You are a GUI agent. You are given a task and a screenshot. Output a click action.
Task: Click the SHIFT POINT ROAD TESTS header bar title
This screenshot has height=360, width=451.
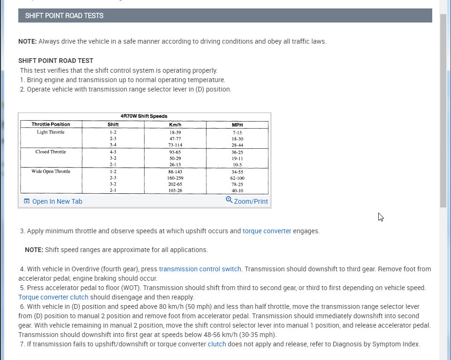(64, 15)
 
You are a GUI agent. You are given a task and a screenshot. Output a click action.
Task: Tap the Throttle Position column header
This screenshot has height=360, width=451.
(51, 124)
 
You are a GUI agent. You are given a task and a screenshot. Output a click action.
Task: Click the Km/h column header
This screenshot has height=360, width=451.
(175, 124)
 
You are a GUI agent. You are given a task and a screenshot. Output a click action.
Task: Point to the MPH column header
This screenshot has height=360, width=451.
(237, 124)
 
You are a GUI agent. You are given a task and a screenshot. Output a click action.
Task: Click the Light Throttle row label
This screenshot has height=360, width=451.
(51, 132)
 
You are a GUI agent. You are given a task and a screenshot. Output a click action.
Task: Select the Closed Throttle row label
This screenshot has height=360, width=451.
(51, 152)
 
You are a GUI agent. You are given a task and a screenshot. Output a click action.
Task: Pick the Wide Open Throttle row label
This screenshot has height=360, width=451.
(51, 172)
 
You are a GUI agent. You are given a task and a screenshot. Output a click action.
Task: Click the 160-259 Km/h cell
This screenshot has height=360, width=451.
(175, 178)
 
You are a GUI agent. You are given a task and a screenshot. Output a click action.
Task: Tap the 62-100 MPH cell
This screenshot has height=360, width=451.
(237, 178)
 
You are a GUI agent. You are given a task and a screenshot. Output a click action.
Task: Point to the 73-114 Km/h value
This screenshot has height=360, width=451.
(175, 146)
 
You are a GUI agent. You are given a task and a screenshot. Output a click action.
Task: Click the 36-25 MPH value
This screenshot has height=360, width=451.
(237, 152)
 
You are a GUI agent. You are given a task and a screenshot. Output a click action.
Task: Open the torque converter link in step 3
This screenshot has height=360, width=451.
(267, 231)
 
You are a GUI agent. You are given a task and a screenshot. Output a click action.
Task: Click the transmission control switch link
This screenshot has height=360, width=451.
(200, 269)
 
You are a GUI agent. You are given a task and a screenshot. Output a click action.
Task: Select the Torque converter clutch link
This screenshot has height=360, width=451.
(53, 297)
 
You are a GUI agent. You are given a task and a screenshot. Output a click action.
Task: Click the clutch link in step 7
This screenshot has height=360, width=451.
(217, 344)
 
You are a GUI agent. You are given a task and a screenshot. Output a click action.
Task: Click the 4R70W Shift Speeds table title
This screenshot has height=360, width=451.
(144, 116)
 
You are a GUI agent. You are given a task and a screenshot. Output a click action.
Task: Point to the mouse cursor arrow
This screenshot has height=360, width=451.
(381, 217)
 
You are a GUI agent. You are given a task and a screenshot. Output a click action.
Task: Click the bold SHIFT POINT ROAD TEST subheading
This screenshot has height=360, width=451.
(56, 61)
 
